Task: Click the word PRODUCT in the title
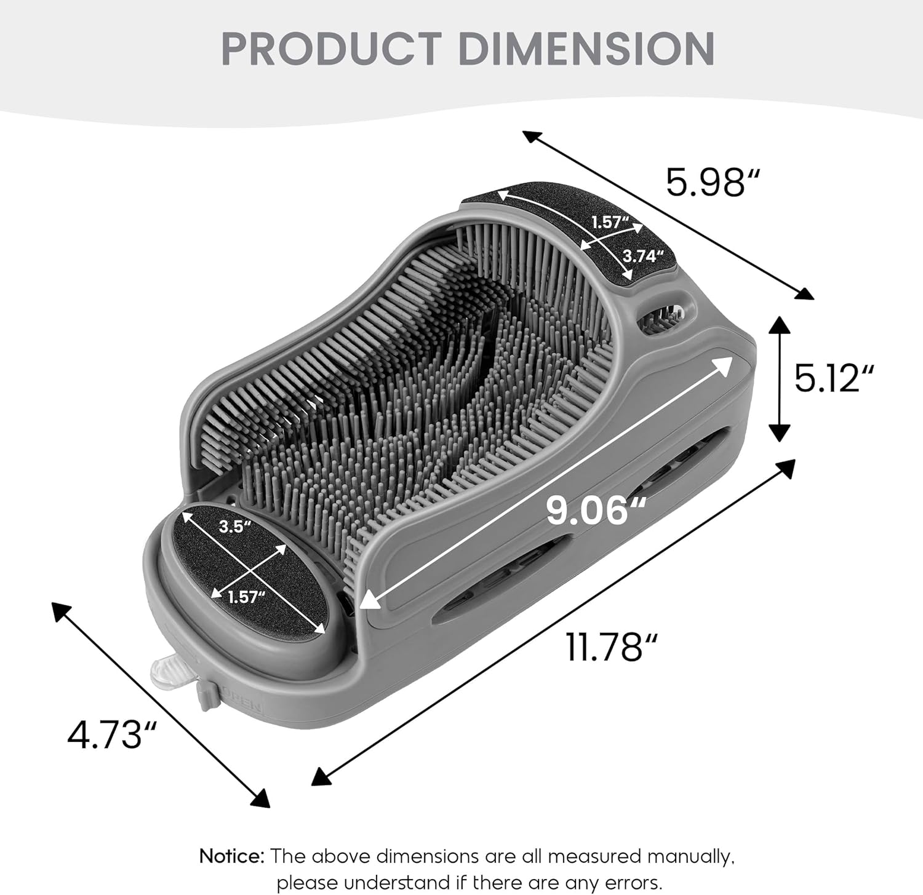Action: [331, 49]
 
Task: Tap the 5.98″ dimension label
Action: [713, 182]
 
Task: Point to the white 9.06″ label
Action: [596, 511]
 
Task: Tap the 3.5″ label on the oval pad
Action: [236, 527]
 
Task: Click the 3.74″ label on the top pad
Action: [644, 256]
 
